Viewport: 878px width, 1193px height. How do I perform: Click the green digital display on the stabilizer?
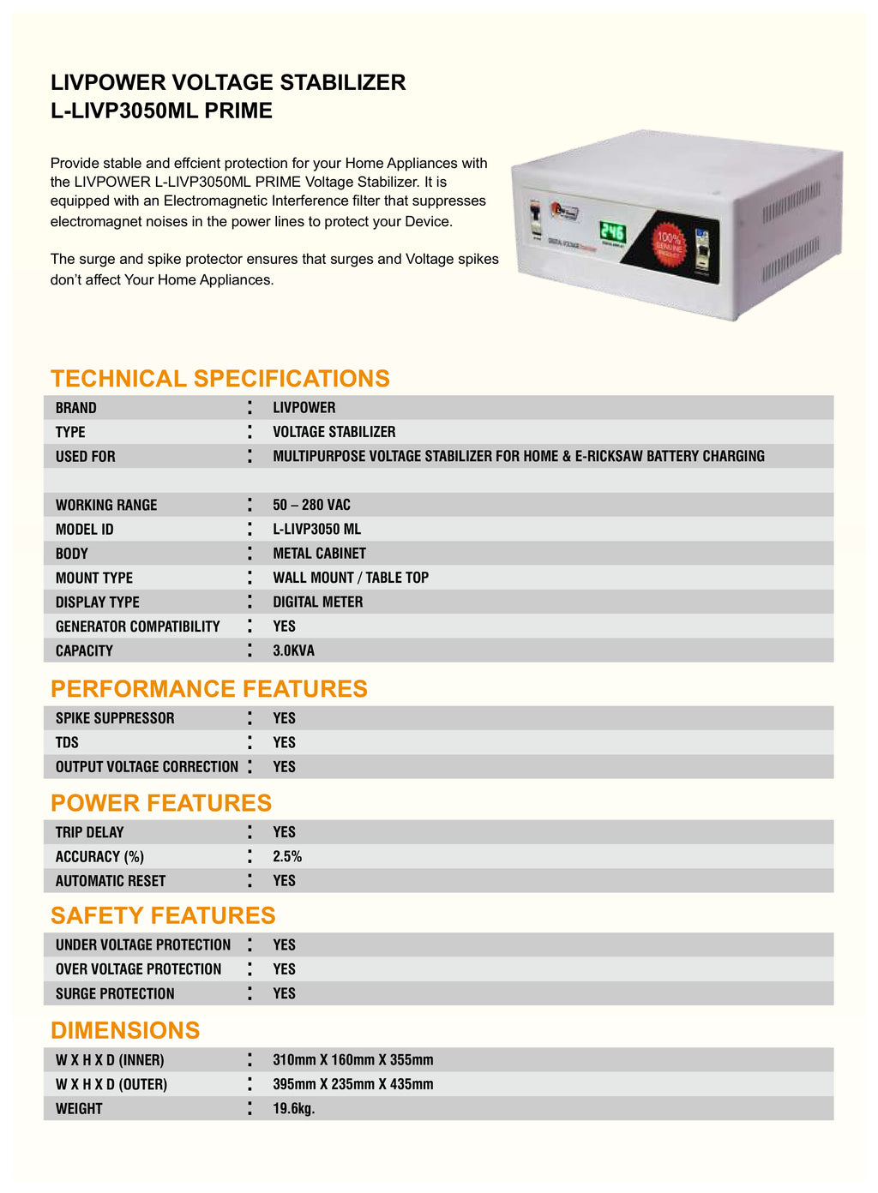[x=612, y=231]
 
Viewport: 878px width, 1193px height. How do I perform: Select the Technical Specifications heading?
[x=219, y=378]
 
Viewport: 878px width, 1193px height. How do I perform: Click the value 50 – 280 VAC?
[x=311, y=505]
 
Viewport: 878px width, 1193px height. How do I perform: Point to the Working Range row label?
[x=106, y=505]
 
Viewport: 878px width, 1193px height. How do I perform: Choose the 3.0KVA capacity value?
[x=293, y=650]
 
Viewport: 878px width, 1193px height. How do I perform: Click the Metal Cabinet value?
[x=319, y=554]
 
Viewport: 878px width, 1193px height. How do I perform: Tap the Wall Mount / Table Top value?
[x=351, y=578]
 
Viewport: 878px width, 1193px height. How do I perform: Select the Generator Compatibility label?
[x=137, y=626]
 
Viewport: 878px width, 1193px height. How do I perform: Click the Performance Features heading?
[x=208, y=688]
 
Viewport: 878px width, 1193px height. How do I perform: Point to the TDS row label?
[x=67, y=742]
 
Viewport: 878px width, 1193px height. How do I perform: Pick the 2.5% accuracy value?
[x=287, y=856]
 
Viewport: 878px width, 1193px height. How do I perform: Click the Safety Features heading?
[x=163, y=915]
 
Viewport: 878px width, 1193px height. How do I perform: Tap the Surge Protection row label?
[x=115, y=993]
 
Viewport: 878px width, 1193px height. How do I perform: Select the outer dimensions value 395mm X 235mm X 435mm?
[x=352, y=1084]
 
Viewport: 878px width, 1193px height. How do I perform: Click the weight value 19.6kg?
[x=293, y=1108]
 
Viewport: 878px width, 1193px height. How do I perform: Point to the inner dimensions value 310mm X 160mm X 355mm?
[x=352, y=1060]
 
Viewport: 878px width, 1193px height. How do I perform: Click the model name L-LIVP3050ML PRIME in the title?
[x=161, y=111]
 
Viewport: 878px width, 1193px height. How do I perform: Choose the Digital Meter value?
[x=317, y=602]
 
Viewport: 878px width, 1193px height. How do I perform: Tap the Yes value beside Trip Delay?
[x=284, y=832]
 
